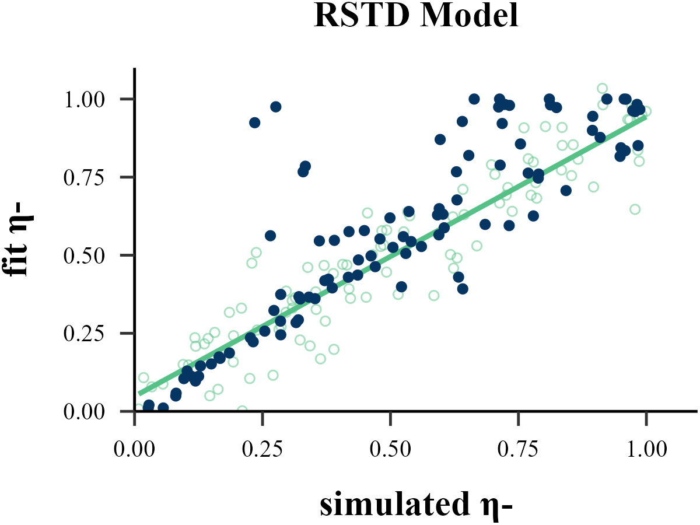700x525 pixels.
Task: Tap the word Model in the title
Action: (467, 17)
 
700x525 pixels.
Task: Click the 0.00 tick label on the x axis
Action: (135, 450)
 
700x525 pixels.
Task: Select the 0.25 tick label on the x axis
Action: (262, 450)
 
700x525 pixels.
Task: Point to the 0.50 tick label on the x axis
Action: (390, 450)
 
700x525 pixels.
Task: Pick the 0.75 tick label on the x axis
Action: (518, 450)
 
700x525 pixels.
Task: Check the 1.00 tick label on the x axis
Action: (646, 450)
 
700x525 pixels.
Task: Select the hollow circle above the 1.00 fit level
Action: (602, 89)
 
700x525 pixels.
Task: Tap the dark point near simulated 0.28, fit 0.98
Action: (276, 107)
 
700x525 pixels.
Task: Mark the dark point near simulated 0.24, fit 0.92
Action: (255, 123)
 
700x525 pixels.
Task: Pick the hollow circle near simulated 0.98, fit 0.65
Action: (635, 209)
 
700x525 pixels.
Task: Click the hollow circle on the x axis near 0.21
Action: (242, 411)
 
